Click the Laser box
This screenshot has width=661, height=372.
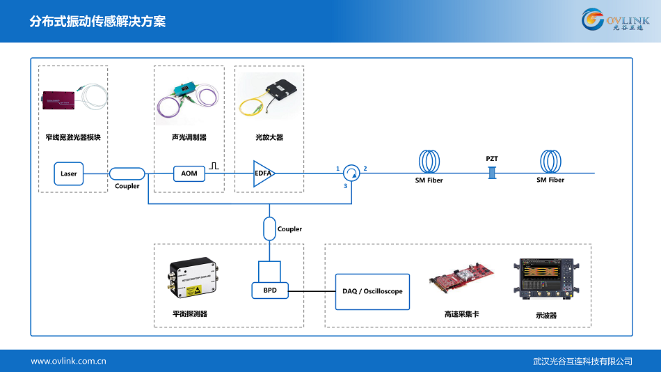69,173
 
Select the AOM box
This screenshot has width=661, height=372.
189,173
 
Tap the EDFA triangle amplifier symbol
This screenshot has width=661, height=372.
263,173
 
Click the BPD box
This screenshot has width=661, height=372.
269,290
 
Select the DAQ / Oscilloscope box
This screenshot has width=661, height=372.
372,291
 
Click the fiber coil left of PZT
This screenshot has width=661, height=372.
430,162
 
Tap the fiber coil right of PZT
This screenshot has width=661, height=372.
551,162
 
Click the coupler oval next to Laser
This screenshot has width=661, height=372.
127,173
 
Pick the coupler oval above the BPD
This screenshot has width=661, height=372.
269,228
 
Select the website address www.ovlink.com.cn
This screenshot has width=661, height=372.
68,361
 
